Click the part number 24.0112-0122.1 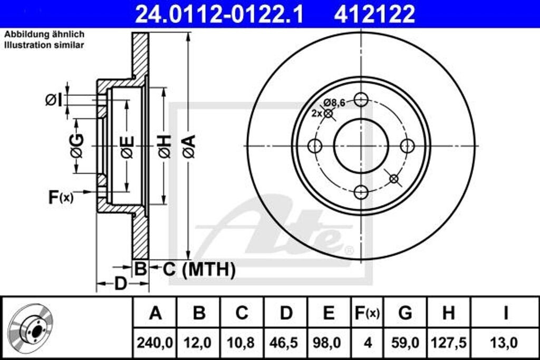click(x=219, y=14)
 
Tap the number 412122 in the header click(x=374, y=14)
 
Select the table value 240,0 click(x=155, y=343)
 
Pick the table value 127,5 click(x=448, y=343)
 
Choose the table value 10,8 click(x=242, y=343)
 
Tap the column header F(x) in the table click(x=367, y=313)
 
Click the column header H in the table click(x=448, y=313)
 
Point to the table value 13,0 click(x=505, y=343)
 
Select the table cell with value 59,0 click(x=405, y=343)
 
